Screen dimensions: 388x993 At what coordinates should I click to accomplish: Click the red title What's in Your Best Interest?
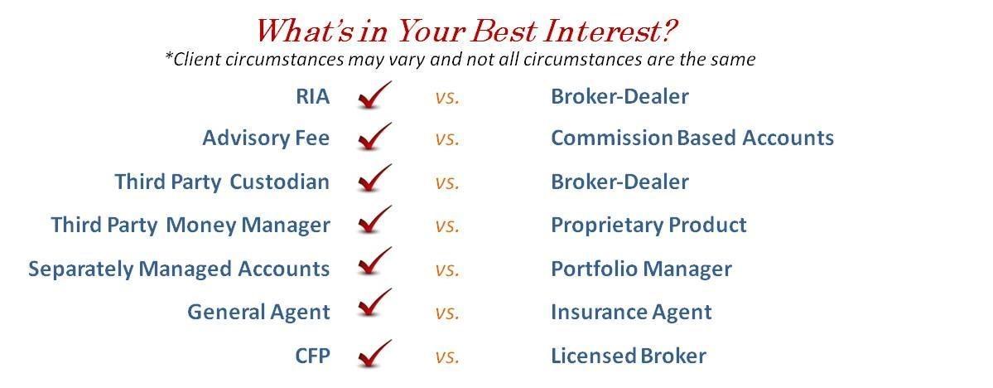tap(466, 31)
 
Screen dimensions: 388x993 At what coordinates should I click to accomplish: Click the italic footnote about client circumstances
tap(460, 60)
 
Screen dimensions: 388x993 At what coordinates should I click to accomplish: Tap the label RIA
tap(312, 96)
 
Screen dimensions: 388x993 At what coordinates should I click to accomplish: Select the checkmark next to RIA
tap(374, 96)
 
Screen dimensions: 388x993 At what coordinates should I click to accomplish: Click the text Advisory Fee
tap(266, 138)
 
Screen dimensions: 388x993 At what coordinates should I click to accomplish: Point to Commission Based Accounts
tap(692, 138)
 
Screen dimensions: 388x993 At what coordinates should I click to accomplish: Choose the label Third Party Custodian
tap(222, 182)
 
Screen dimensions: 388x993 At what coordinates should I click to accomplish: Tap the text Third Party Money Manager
tap(190, 225)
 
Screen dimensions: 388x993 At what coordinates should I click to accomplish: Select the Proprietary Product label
tap(648, 225)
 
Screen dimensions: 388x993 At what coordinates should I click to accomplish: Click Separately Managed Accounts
tap(179, 269)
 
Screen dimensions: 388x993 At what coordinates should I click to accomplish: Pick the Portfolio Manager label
tap(641, 269)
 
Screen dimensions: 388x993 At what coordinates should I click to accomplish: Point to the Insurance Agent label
tap(631, 312)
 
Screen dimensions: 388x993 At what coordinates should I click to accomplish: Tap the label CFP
tap(312, 356)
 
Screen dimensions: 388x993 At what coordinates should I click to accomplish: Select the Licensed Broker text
tap(629, 356)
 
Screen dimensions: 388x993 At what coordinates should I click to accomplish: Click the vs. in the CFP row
tap(446, 356)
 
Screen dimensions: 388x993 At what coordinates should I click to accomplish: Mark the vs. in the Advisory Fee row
tap(446, 138)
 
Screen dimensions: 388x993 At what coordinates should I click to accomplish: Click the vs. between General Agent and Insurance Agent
tap(446, 313)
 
